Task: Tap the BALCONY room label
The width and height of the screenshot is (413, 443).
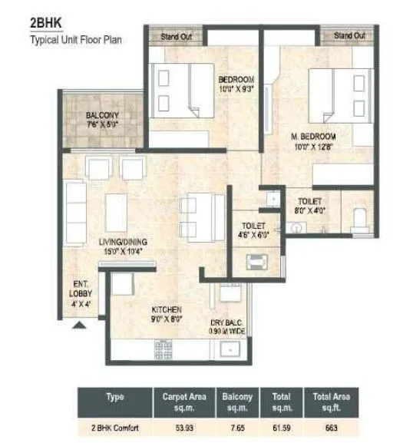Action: tap(101, 117)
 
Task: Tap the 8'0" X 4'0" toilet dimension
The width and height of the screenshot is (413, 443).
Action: tap(312, 206)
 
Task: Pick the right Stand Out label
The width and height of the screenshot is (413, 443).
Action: tap(349, 35)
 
